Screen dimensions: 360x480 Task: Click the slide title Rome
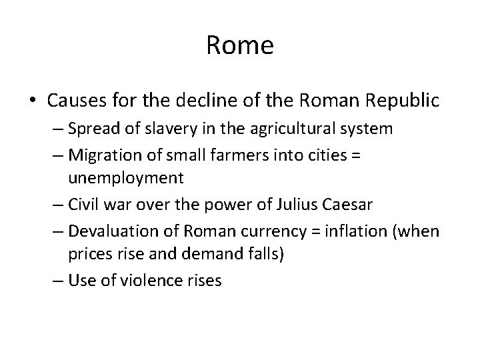pos(240,46)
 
